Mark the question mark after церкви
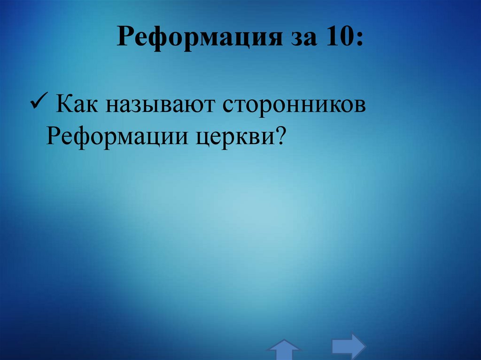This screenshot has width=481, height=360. pyautogui.click(x=280, y=136)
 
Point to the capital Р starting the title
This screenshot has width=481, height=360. pyautogui.click(x=124, y=37)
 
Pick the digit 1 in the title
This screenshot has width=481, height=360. pyautogui.click(x=331, y=37)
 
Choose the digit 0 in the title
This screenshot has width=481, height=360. pyautogui.click(x=347, y=37)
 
